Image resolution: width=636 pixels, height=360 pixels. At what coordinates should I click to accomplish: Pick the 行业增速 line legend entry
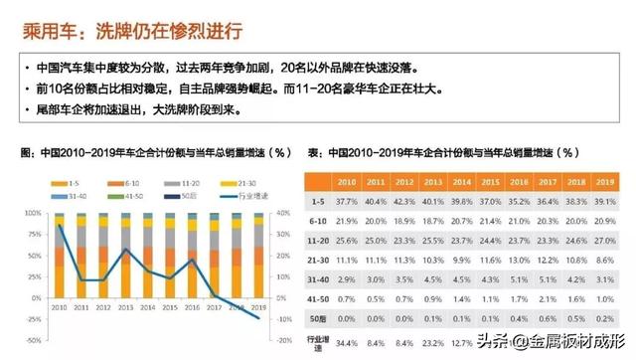pos(240,196)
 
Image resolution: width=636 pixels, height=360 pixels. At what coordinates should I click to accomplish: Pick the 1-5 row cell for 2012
pos(403,201)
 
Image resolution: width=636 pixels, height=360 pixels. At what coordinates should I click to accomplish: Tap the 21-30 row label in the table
pos(317,260)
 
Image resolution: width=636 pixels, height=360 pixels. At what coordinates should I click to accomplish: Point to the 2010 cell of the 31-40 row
pos(347,279)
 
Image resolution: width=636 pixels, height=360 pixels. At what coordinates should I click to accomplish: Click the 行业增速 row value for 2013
pos(432,342)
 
